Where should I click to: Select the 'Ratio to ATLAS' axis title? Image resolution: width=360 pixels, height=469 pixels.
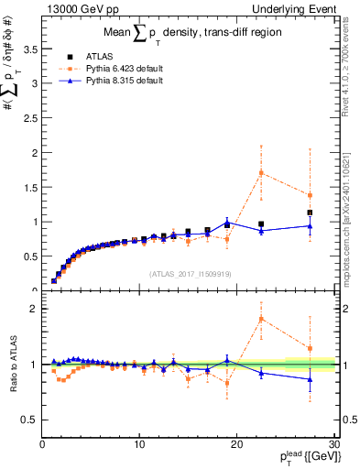coord(13,364)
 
